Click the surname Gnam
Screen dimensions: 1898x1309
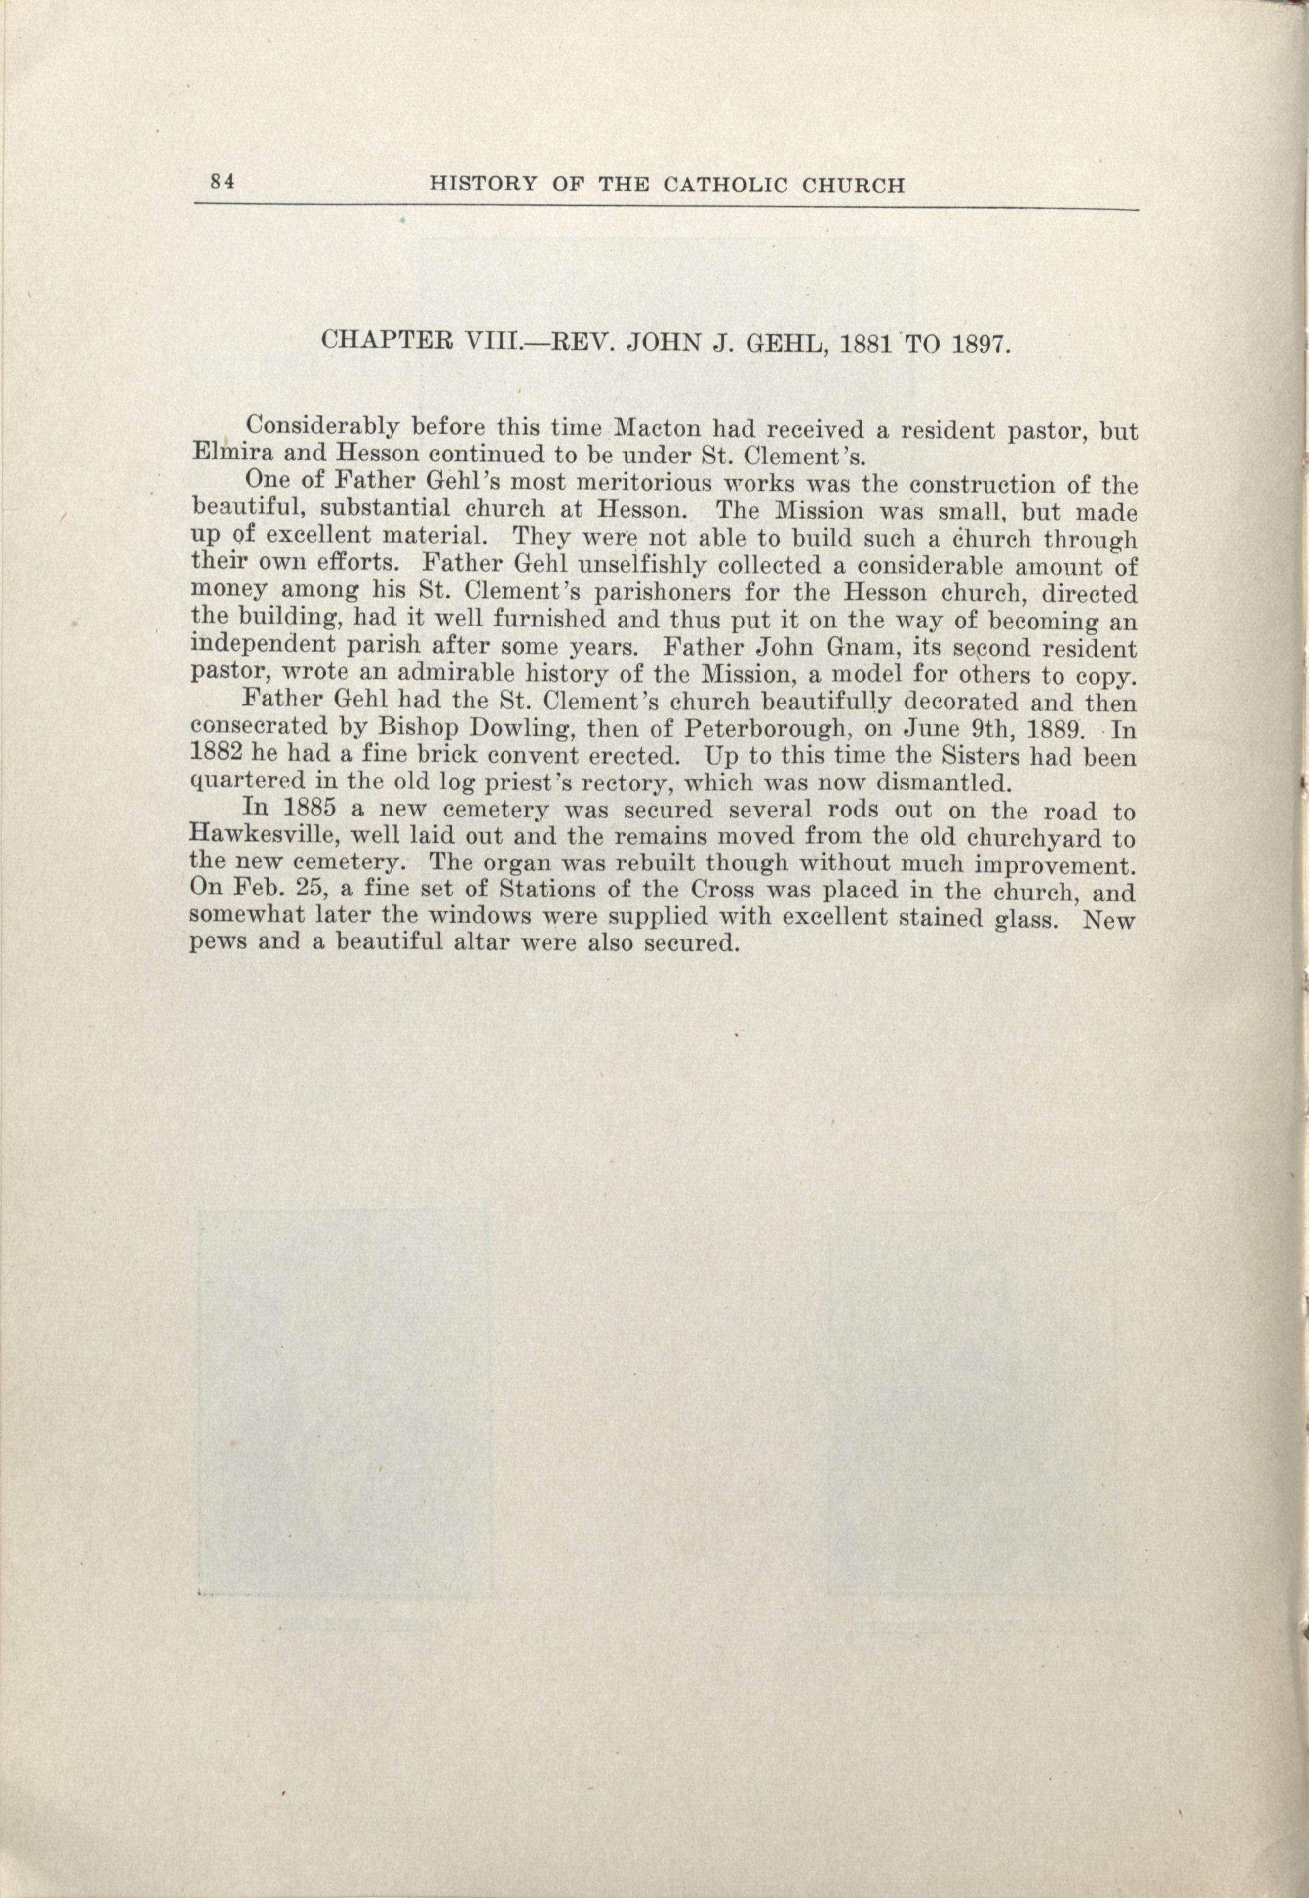pos(842,647)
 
